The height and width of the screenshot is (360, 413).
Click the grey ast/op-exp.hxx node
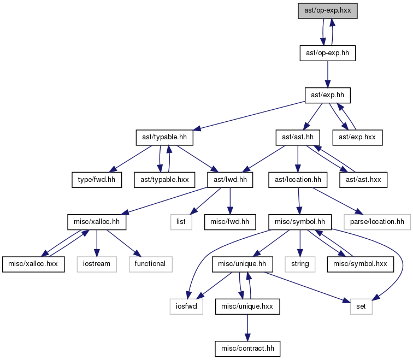point(327,11)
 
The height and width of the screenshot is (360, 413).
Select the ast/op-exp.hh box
point(327,53)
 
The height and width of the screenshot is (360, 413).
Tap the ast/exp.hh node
point(327,96)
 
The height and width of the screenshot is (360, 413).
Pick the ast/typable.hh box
point(164,138)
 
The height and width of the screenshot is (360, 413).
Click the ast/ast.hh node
point(298,138)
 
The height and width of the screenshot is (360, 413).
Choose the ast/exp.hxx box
point(357,138)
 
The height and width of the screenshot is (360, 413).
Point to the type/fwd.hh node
point(97,180)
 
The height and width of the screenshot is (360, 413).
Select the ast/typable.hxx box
point(164,180)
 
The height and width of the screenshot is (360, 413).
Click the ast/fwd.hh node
point(230,180)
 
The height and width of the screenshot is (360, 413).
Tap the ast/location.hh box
point(298,180)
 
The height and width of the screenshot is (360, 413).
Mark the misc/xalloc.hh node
point(97,222)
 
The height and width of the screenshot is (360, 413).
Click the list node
point(181,222)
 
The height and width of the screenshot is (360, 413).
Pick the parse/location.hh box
point(377,222)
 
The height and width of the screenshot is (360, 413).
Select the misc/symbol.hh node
point(300,222)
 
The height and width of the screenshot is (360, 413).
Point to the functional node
point(150,264)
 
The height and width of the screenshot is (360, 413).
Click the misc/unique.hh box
point(242,264)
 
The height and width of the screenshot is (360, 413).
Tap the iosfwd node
point(186,306)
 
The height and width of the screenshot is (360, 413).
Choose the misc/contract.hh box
point(247,349)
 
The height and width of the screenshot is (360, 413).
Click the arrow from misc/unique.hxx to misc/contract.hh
point(247,328)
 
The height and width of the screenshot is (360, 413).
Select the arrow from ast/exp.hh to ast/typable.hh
point(249,116)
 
